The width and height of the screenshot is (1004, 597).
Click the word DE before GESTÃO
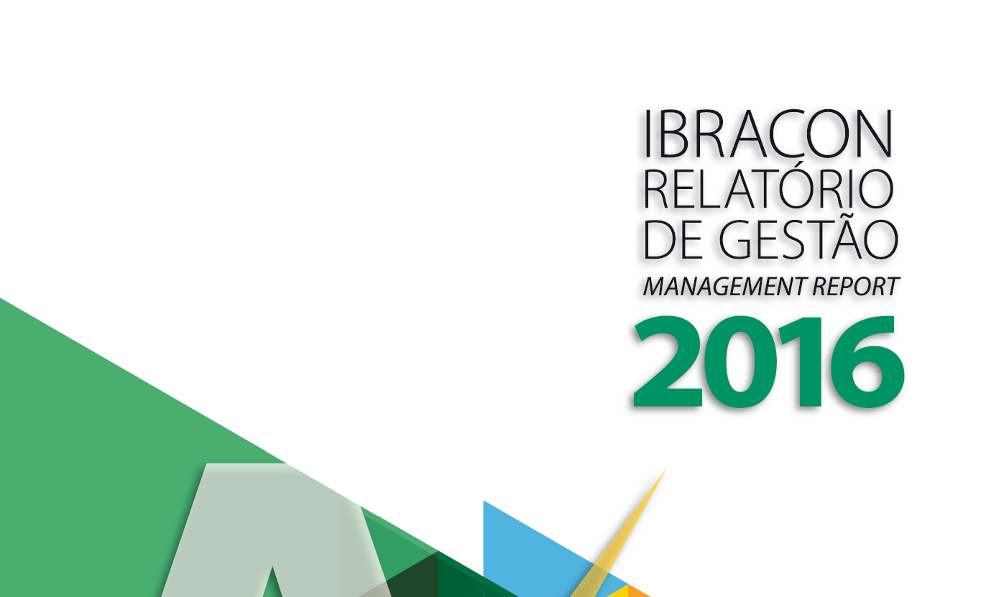pyautogui.click(x=673, y=239)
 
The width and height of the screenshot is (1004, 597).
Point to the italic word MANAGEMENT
pyautogui.click(x=724, y=287)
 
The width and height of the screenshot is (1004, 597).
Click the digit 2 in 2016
pyautogui.click(x=668, y=361)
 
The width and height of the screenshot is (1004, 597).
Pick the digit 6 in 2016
pyautogui.click(x=867, y=362)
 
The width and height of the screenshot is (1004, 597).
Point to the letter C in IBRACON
pyautogui.click(x=782, y=134)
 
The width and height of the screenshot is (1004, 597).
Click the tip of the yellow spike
pyautogui.click(x=667, y=468)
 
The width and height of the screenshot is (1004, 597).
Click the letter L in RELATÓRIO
pyautogui.click(x=717, y=190)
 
